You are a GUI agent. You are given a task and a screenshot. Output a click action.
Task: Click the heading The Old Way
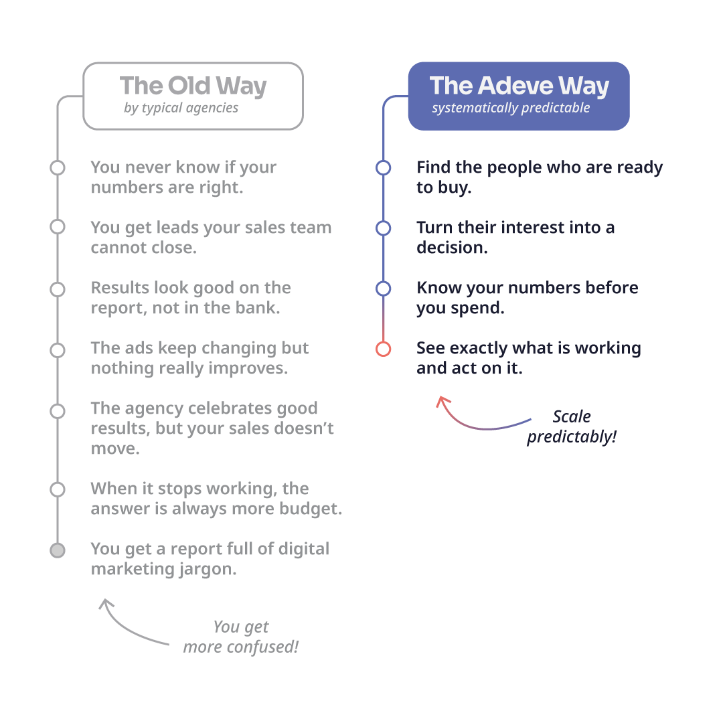point(193,86)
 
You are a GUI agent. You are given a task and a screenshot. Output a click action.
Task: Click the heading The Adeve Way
point(519,86)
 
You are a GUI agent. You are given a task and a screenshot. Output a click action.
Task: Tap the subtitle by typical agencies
point(181,108)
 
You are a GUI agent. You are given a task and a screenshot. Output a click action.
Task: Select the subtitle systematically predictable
point(511,108)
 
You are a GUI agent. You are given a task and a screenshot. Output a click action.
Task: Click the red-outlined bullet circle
point(383,349)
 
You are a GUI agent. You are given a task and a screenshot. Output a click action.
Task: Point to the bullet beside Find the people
point(383,167)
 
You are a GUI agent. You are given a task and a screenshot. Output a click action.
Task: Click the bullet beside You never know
point(58,167)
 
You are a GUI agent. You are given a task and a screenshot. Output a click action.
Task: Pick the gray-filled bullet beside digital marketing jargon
point(58,550)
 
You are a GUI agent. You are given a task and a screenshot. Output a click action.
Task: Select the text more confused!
point(241,647)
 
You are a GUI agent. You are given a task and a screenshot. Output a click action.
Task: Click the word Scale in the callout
point(572,416)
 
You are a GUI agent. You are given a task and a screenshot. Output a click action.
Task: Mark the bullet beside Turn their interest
point(383,228)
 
